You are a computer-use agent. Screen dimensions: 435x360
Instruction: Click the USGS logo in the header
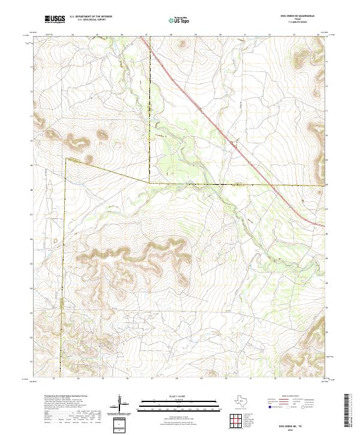tap(55, 20)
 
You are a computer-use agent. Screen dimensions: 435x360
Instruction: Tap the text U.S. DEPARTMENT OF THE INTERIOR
tap(91, 17)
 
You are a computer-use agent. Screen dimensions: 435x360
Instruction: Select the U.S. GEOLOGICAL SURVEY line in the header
tap(91, 21)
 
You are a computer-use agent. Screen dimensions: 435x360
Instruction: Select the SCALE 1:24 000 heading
tap(180, 396)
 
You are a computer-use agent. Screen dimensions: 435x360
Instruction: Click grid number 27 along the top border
tap(147, 35)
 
